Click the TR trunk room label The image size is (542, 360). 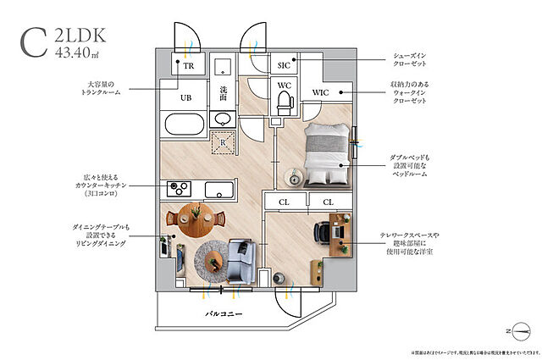point(188,64)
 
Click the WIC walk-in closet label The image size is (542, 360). point(320,92)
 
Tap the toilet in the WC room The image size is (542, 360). point(285,103)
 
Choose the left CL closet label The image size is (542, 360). point(282,201)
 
